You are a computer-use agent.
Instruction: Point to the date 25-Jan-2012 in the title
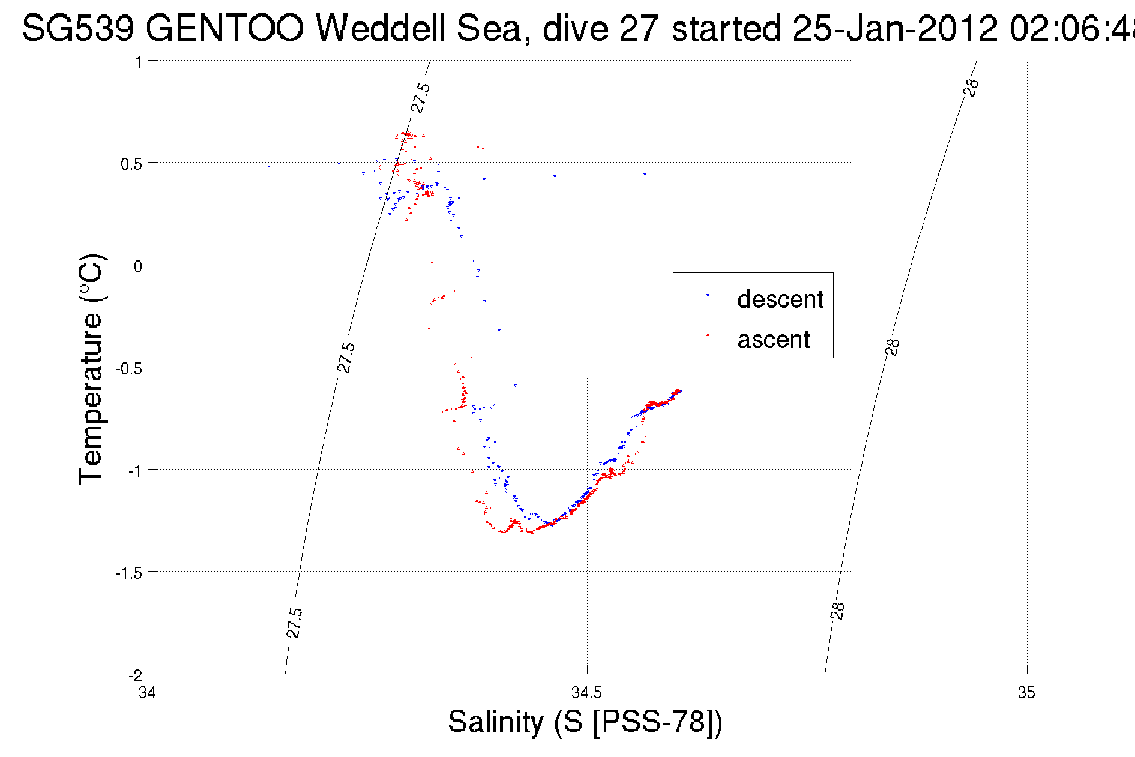coord(895,28)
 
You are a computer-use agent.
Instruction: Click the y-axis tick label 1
coord(138,62)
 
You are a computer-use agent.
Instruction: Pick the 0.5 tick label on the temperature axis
coord(131,164)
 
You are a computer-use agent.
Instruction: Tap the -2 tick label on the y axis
coord(134,675)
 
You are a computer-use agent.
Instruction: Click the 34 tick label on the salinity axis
coord(148,693)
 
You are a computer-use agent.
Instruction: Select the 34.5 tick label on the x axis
coord(586,693)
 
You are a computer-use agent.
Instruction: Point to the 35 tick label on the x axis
coord(1026,693)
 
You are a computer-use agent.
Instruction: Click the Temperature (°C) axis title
coord(91,370)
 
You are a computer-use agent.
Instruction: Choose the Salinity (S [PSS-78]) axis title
coord(585,722)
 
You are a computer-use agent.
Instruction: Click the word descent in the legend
coord(780,299)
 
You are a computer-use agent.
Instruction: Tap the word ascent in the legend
coord(774,340)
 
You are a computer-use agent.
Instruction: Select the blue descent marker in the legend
coord(708,295)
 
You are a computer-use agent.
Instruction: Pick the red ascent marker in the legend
coord(708,335)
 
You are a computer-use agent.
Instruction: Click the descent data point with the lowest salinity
coord(269,166)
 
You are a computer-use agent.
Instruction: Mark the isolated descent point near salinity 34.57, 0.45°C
coord(645,175)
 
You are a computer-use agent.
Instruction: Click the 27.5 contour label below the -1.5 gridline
coord(294,623)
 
